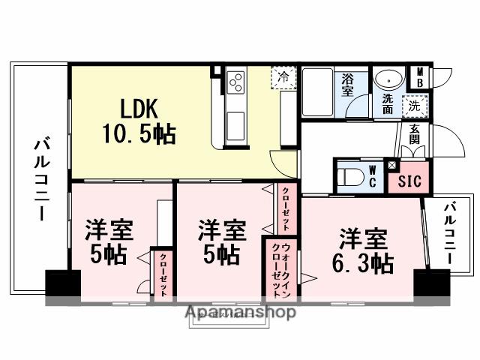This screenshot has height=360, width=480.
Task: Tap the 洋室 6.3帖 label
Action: (x=363, y=251)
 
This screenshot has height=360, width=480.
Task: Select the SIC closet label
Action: (x=409, y=181)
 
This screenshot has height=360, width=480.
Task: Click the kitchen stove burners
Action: (x=235, y=80)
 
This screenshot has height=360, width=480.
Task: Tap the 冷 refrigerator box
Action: (x=283, y=76)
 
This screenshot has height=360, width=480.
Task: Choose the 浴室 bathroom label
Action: (x=348, y=85)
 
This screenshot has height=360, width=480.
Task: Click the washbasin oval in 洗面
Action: (x=388, y=79)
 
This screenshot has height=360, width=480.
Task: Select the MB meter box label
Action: (x=419, y=77)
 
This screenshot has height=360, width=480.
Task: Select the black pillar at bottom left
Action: (x=62, y=284)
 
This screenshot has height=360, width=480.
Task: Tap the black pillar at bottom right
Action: (x=430, y=284)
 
